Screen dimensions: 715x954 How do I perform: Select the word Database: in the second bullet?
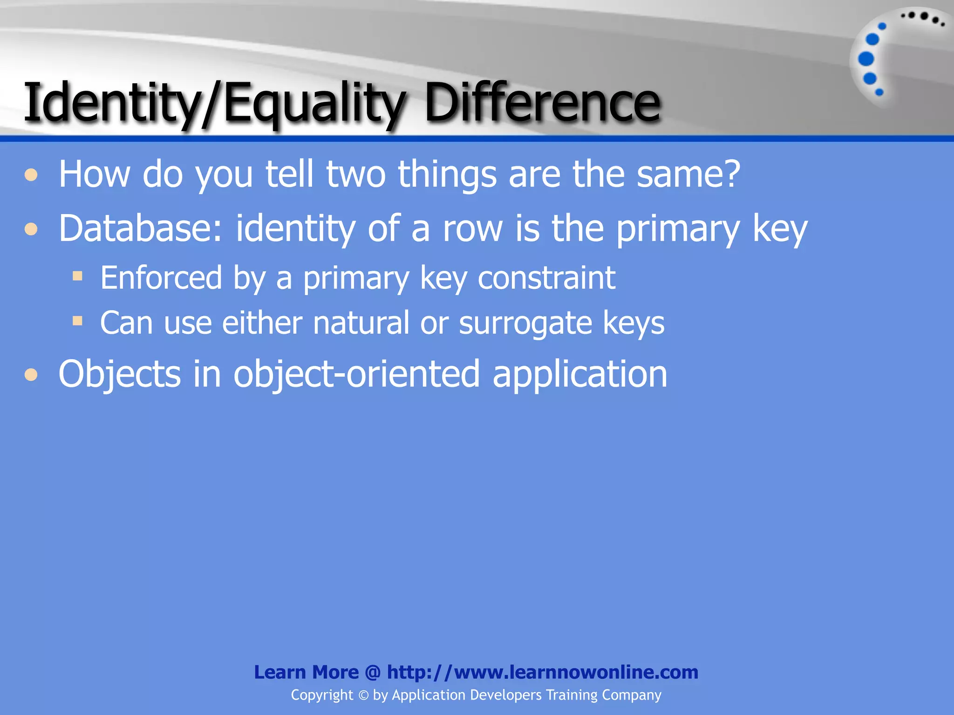coord(140,228)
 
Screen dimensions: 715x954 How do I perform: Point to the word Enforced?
coord(161,278)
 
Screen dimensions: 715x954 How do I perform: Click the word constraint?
coord(546,278)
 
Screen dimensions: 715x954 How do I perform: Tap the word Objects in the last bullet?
coord(119,374)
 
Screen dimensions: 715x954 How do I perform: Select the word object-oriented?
coord(356,374)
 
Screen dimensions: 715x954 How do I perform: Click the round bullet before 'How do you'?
coord(31,175)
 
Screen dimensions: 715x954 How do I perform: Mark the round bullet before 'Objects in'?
coord(31,374)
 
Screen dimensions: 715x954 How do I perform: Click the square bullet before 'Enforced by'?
coord(78,277)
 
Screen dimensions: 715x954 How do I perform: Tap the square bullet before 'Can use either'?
coord(78,321)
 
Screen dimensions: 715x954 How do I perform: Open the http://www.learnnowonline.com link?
coord(542,672)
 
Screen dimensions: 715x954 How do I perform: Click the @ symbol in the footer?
coord(373,672)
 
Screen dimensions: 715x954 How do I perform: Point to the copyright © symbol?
coord(363,695)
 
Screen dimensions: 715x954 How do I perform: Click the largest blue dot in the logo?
coord(866,59)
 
